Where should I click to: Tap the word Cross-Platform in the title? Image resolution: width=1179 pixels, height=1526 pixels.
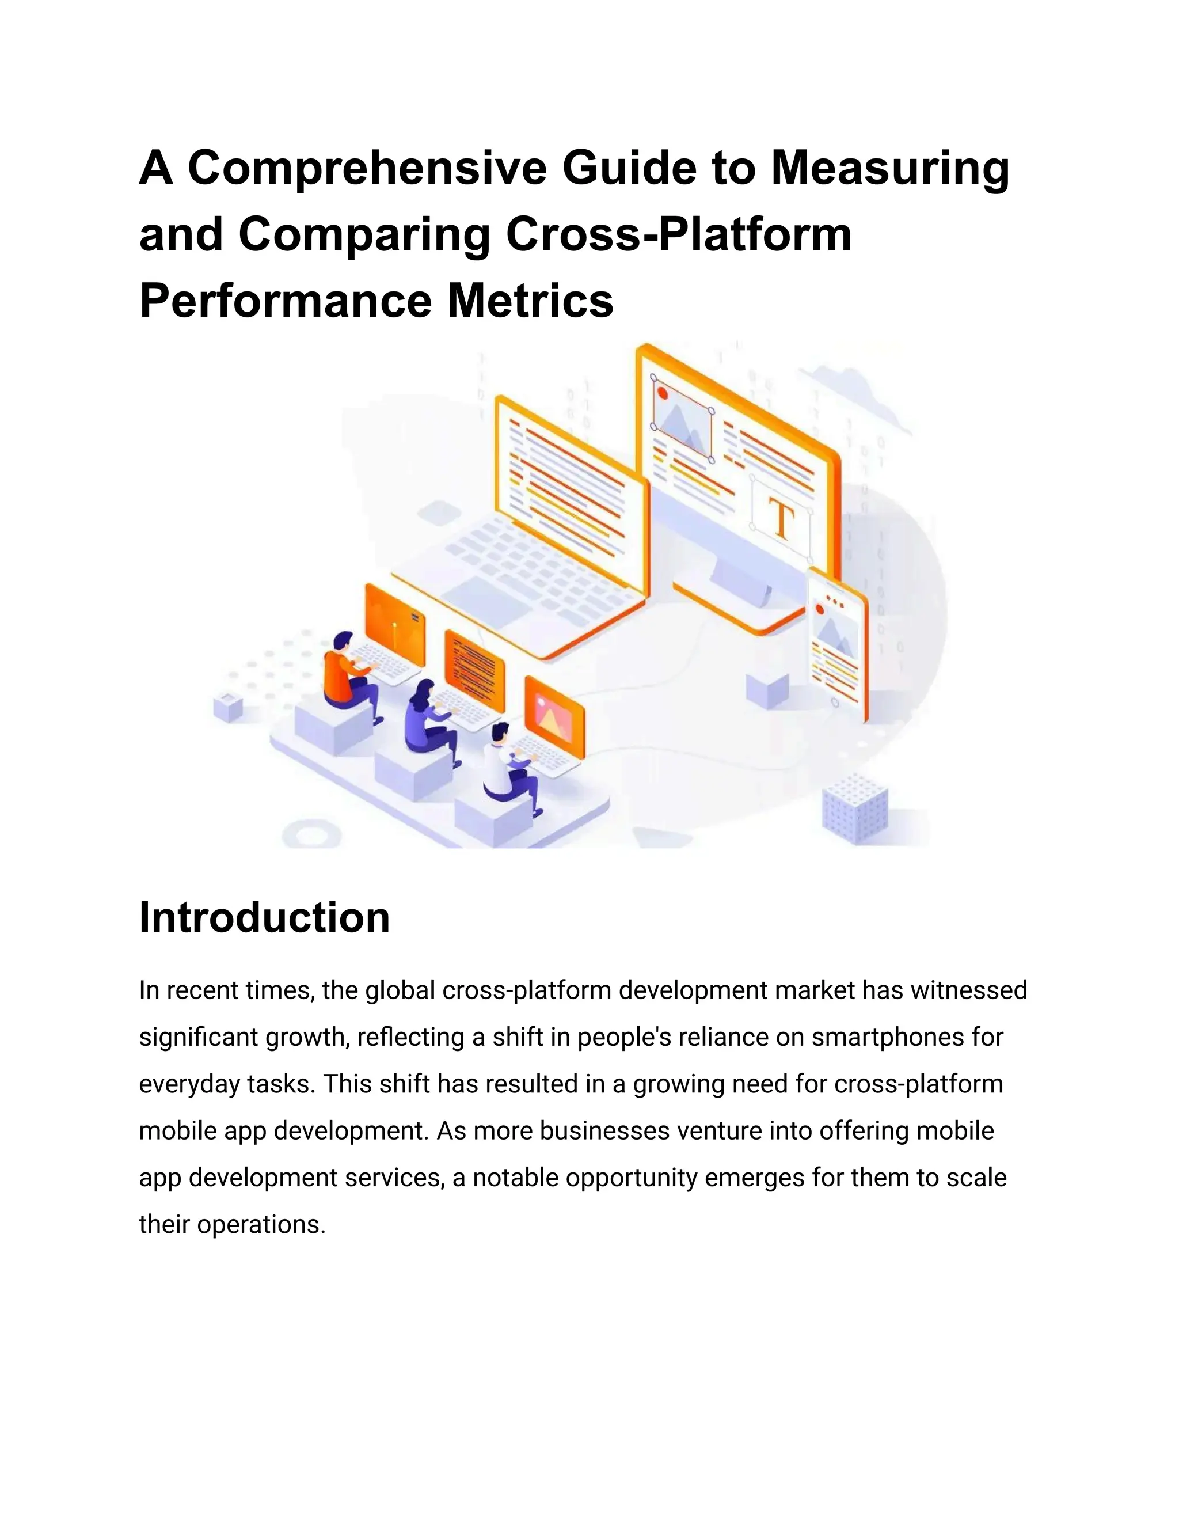pyautogui.click(x=678, y=235)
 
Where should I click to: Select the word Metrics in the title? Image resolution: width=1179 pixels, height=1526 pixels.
pyautogui.click(x=530, y=301)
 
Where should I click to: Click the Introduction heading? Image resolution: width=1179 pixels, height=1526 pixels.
pyautogui.click(x=264, y=917)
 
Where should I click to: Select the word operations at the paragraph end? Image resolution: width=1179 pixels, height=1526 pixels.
pyautogui.click(x=261, y=1224)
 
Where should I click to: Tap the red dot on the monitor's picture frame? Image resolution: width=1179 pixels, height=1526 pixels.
pyautogui.click(x=662, y=393)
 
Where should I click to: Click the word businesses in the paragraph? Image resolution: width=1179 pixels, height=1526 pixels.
pyautogui.click(x=605, y=1130)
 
